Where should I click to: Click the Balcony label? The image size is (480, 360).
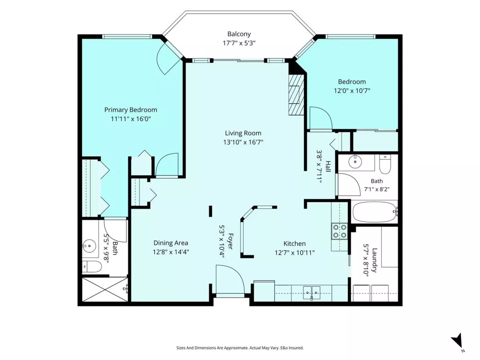tap(239, 34)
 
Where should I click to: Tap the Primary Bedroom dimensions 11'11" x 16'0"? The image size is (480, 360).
tap(131, 119)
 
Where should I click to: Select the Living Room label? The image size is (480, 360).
tap(243, 133)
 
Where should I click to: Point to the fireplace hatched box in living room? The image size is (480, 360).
tap(296, 95)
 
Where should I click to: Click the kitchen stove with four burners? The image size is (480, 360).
tap(339, 231)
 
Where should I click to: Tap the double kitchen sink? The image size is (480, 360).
tap(312, 292)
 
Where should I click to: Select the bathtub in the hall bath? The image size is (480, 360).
tap(375, 212)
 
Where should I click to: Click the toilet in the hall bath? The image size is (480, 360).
tap(385, 164)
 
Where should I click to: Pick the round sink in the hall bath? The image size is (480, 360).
tap(355, 162)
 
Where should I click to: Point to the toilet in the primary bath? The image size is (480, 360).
tap(92, 266)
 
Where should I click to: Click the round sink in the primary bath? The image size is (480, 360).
tap(90, 246)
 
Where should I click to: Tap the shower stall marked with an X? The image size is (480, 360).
tap(105, 289)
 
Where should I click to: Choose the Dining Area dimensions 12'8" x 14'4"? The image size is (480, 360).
tap(171, 252)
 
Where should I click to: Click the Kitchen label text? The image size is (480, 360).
tap(294, 244)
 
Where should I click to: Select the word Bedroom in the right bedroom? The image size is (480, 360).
tap(352, 82)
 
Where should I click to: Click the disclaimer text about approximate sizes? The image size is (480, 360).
tap(240, 348)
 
